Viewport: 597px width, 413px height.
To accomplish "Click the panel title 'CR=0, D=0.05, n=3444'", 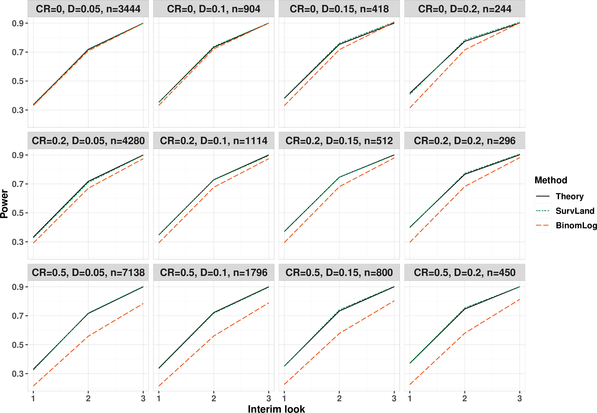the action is [88, 9].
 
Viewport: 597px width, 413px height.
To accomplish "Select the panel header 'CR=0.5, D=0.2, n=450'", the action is [465, 273].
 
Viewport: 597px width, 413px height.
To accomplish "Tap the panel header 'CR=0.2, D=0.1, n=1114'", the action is [213, 141].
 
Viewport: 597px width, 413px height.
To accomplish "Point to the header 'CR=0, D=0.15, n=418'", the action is [339, 9].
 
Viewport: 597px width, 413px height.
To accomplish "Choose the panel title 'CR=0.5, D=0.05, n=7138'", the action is [88, 273].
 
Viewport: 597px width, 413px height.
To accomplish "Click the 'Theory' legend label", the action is [570, 196].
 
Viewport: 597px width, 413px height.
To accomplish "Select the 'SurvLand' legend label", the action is [575, 211].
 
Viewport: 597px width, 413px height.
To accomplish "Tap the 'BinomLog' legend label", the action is [576, 225].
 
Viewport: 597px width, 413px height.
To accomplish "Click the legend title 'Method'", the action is [551, 180].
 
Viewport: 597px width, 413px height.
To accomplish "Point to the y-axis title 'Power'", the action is [4, 204].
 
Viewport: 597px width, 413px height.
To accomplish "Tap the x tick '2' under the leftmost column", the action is [88, 398].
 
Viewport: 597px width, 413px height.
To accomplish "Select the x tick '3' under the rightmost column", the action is [520, 398].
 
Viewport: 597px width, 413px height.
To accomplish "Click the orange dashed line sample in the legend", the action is [543, 225].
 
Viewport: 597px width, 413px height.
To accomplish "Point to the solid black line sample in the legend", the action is [543, 196].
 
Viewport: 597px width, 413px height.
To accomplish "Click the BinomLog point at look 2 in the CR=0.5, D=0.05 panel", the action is [88, 336].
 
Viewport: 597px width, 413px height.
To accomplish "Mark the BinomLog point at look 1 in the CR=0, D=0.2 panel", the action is [410, 108].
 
